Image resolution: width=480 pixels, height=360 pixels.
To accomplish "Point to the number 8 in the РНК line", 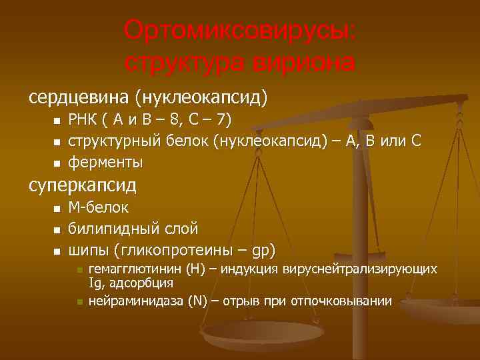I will [175, 120].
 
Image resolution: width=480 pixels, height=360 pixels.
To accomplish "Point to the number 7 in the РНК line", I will [225, 120].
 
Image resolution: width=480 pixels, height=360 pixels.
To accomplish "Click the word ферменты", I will [105, 162].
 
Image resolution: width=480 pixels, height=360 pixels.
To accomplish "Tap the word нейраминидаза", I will [132, 301].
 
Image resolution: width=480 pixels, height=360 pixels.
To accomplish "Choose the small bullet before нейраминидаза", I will [79, 301].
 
